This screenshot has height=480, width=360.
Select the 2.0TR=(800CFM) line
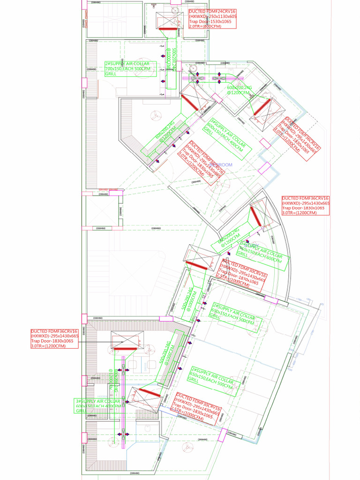point(204,27)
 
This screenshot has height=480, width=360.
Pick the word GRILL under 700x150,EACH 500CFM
point(111,74)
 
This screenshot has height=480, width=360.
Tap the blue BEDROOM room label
point(221,165)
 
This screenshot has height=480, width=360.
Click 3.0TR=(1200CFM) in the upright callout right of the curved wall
point(299,213)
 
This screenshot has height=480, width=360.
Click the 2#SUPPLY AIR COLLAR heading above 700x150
point(127,64)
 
